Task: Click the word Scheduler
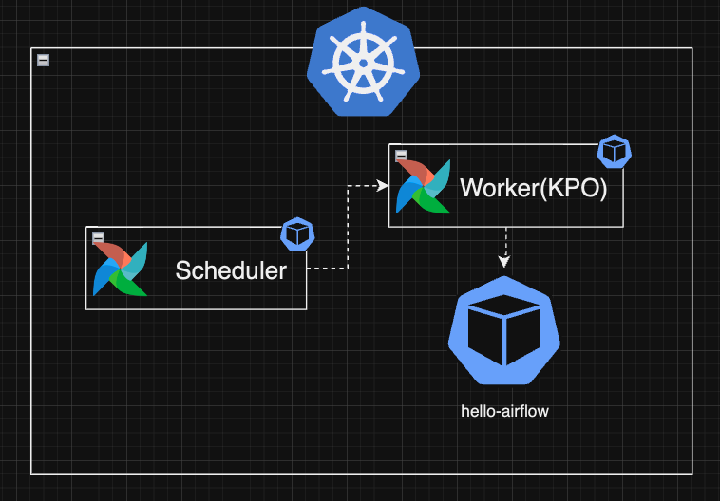[x=231, y=270]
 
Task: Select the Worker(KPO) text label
[x=533, y=188]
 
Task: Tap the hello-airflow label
[x=504, y=412]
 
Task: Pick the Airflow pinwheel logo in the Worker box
[x=424, y=186]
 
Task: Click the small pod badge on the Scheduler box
[x=298, y=234]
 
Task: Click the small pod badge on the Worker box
[x=614, y=152]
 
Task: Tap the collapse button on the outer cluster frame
[x=43, y=60]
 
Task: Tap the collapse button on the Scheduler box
[x=98, y=238]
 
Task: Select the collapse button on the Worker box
[x=401, y=156]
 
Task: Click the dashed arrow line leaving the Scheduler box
[x=328, y=269]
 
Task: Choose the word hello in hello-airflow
[x=477, y=412]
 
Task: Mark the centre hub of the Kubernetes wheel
[x=362, y=63]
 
